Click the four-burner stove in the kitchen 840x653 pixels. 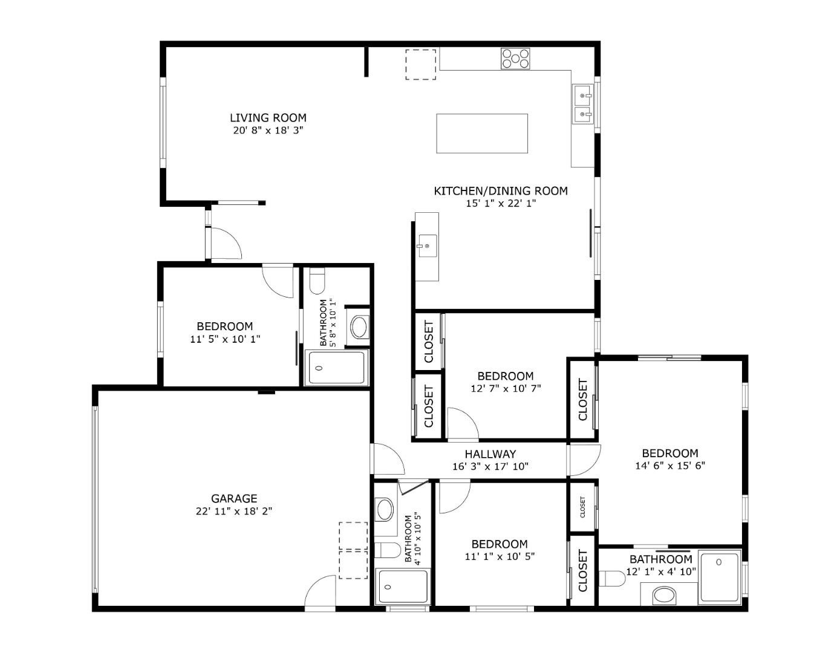pyautogui.click(x=515, y=59)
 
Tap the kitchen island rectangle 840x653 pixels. pyautogui.click(x=482, y=134)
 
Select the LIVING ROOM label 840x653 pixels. pyautogui.click(x=268, y=118)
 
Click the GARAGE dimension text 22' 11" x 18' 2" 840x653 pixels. pyautogui.click(x=233, y=512)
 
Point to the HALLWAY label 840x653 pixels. pyautogui.click(x=490, y=454)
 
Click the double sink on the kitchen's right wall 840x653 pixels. pyautogui.click(x=583, y=104)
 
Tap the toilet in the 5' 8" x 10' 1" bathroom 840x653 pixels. pyautogui.click(x=317, y=281)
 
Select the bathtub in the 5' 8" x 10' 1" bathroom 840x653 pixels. pyautogui.click(x=337, y=367)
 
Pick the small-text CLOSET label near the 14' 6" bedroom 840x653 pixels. pyautogui.click(x=583, y=507)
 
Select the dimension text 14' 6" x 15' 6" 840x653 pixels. pyautogui.click(x=670, y=466)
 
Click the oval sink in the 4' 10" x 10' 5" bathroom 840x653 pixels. pyautogui.click(x=385, y=509)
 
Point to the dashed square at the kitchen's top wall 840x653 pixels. pyautogui.click(x=420, y=64)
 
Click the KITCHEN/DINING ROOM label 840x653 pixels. pyautogui.click(x=501, y=191)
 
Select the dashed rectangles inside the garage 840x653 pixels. pyautogui.click(x=353, y=550)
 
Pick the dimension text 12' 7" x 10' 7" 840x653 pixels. pyautogui.click(x=506, y=389)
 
